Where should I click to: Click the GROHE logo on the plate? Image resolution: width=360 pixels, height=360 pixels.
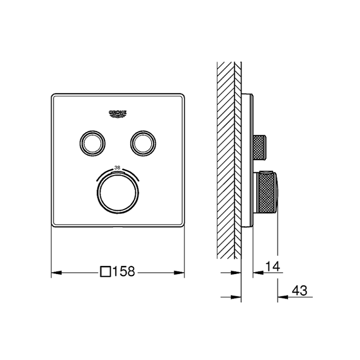coord(118,114)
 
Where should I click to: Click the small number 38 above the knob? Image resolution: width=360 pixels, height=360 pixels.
coord(117,168)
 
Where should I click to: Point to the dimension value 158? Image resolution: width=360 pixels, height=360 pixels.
coord(124,271)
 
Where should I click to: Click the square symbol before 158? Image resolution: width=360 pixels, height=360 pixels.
coord(106,271)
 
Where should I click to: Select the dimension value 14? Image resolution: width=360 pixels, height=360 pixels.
coord(273,266)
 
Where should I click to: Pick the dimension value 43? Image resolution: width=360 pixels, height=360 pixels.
coord(300,291)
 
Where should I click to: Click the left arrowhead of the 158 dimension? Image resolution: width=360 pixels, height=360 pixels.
coord(56,273)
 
